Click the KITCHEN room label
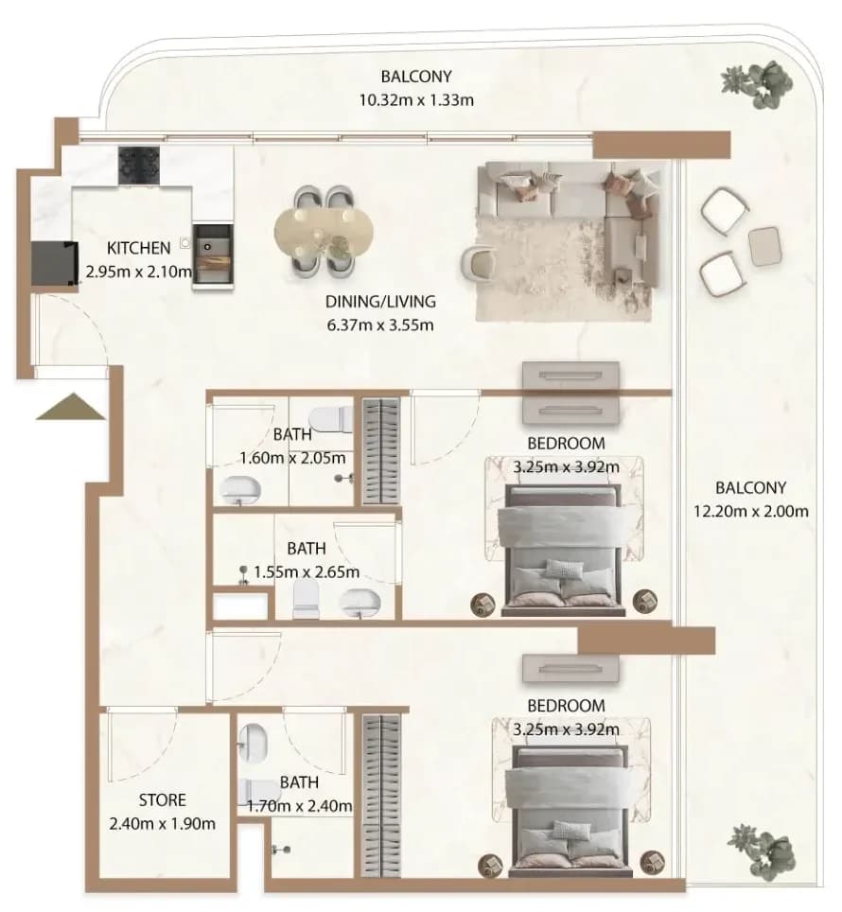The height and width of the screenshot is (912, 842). tap(138, 248)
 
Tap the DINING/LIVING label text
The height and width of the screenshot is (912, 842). tap(380, 301)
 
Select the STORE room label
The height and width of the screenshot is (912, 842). tap(162, 800)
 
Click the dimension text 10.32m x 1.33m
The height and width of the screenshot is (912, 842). tap(416, 100)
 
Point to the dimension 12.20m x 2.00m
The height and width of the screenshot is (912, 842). tap(751, 511)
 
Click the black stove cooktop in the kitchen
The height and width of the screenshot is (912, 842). tap(139, 166)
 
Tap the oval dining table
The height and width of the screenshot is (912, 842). tap(324, 232)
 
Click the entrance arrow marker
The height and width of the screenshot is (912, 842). tap(71, 407)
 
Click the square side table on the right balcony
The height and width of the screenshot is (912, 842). tap(764, 246)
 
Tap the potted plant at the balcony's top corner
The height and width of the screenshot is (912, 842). tap(758, 84)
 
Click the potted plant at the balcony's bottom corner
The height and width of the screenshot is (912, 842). tap(761, 848)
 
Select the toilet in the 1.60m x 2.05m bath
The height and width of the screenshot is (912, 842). tap(331, 419)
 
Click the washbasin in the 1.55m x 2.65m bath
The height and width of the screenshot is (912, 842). tap(360, 604)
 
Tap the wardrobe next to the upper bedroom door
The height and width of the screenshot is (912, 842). tap(381, 451)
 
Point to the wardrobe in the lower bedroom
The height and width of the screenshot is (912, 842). tap(381, 796)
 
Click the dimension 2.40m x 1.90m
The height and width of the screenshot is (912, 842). tap(162, 824)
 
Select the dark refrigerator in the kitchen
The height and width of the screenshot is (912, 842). tap(55, 264)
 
